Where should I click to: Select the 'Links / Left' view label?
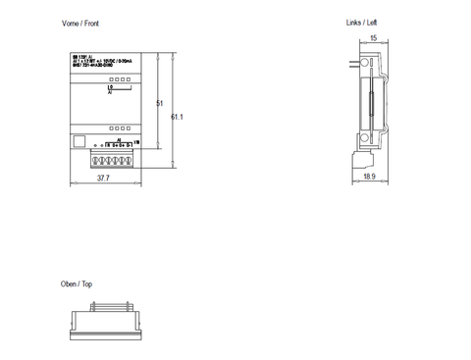point(361,21)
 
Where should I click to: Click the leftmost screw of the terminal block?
point(97,155)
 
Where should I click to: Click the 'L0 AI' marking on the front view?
point(111,89)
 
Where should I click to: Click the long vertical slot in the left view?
point(372,103)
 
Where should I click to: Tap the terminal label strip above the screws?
point(114,145)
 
